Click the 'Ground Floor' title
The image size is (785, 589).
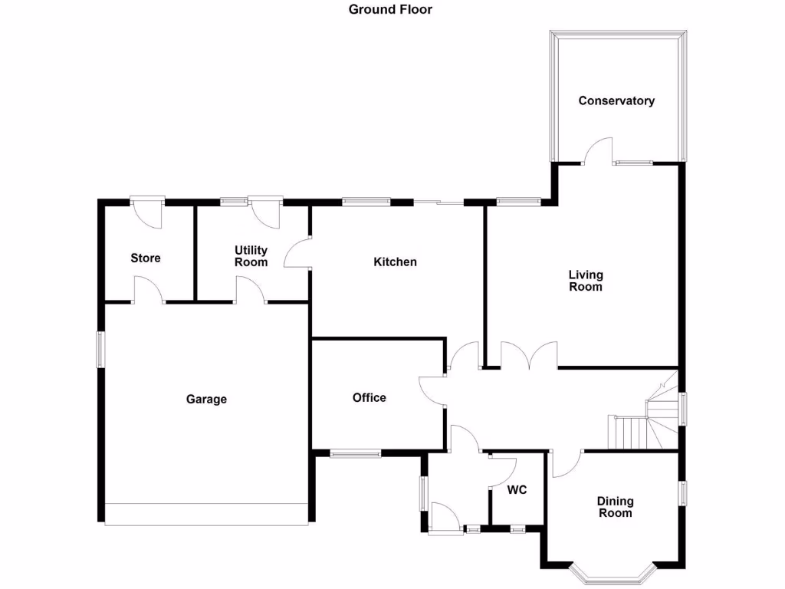click(390, 10)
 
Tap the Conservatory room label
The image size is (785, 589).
click(616, 101)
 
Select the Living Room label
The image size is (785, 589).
click(586, 281)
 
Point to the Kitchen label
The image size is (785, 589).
click(395, 262)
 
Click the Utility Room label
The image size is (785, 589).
click(251, 256)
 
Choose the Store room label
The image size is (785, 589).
click(146, 258)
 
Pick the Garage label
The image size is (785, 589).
click(206, 400)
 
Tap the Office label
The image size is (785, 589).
click(369, 398)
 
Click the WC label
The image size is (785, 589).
click(517, 491)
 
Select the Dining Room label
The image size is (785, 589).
click(615, 507)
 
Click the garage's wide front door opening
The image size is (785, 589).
click(207, 514)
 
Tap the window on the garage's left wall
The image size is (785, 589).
click(99, 349)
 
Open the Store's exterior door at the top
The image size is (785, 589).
click(147, 210)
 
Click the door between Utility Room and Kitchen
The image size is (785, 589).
click(297, 252)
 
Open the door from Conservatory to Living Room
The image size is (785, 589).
click(598, 152)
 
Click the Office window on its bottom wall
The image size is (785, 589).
click(355, 454)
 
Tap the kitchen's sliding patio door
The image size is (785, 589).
click(438, 202)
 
